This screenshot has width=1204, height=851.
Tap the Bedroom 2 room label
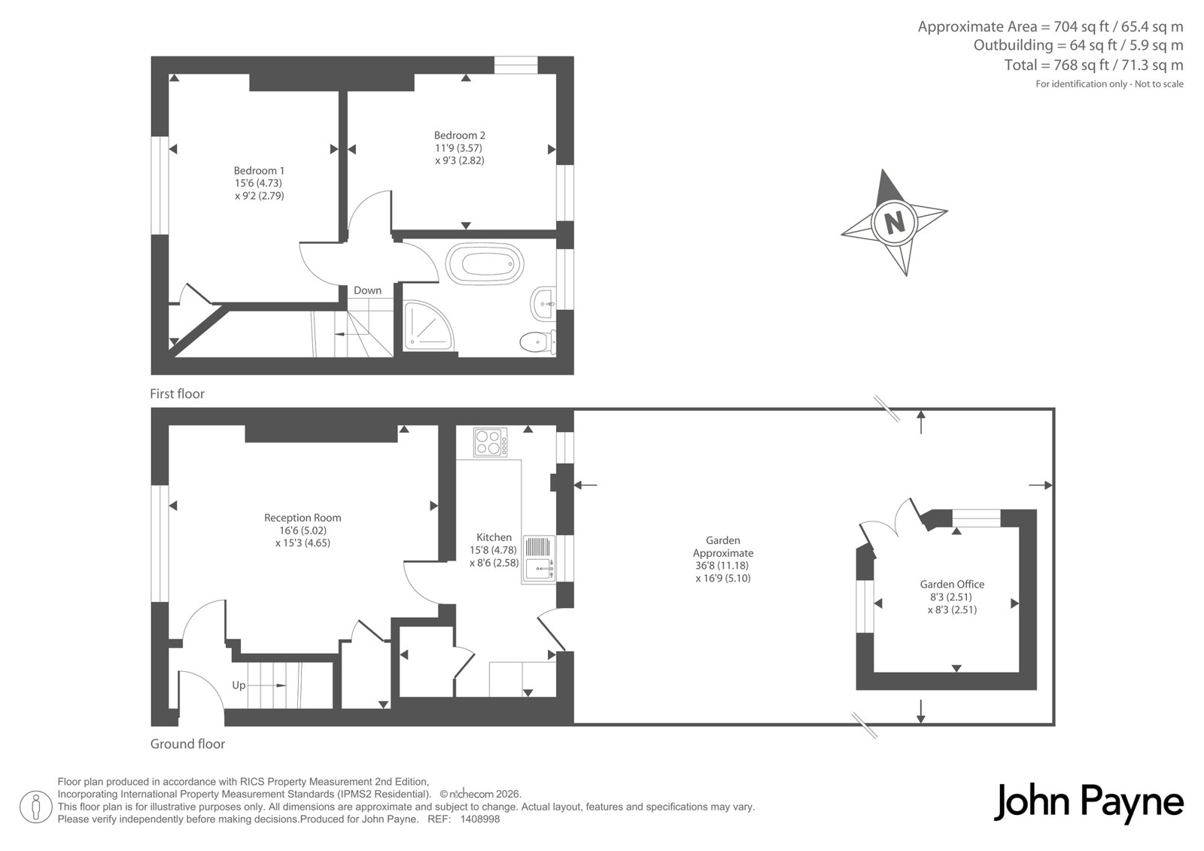click(460, 135)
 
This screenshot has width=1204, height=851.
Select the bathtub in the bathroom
click(485, 264)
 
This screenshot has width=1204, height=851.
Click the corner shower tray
click(428, 327)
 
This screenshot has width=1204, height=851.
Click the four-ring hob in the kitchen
click(490, 442)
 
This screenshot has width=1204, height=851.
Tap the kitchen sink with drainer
click(539, 559)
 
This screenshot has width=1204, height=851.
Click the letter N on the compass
click(895, 222)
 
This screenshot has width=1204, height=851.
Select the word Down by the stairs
click(368, 290)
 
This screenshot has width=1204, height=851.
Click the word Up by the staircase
click(239, 685)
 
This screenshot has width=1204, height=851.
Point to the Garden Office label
click(952, 585)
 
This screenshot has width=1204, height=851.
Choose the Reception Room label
click(303, 518)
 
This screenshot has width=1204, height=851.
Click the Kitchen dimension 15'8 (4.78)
click(493, 550)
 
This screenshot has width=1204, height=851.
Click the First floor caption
click(177, 394)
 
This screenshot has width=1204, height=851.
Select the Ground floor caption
click(187, 744)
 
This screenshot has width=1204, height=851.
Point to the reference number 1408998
click(480, 819)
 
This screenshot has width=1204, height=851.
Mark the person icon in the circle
click(36, 807)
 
